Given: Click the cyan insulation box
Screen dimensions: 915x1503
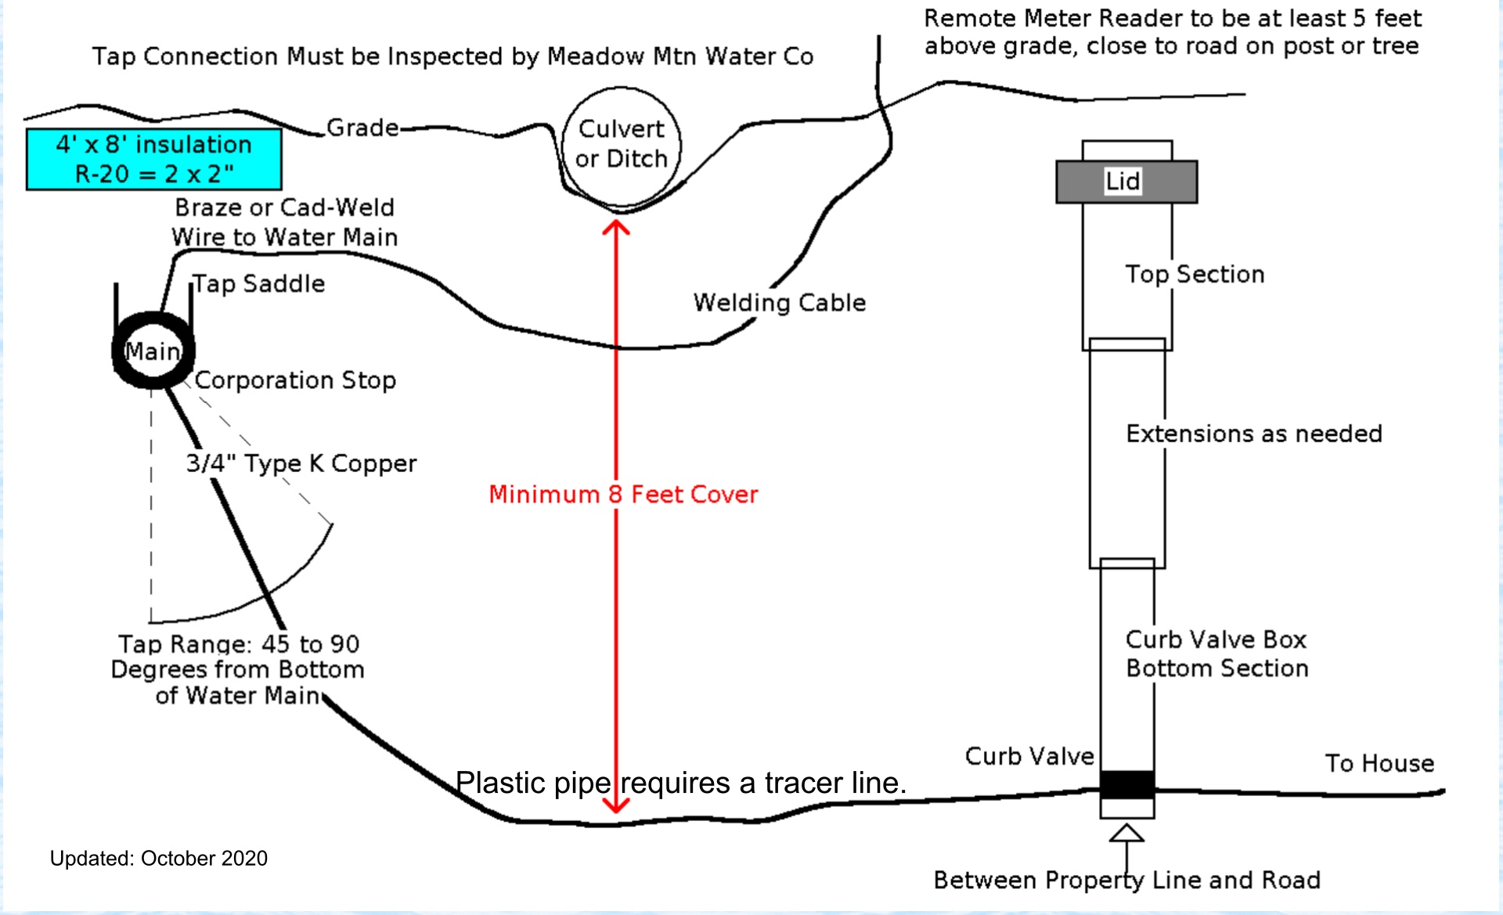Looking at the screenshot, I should click(153, 159).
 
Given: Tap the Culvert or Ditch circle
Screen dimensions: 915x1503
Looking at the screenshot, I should click(622, 145).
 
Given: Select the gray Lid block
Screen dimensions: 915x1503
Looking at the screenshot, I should click(1126, 182).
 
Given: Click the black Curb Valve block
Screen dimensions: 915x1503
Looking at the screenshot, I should click(1126, 784).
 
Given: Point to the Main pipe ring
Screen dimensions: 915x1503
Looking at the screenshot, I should click(153, 351).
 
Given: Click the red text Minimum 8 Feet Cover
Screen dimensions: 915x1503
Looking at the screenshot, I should click(623, 495).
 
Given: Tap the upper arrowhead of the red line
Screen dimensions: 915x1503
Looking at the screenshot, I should click(616, 228).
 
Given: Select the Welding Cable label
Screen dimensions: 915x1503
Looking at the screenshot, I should click(780, 303).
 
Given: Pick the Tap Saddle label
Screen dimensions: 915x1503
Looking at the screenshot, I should click(259, 283).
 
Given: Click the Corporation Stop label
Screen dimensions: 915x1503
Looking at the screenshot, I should click(295, 380).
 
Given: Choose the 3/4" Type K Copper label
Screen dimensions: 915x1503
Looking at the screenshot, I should click(301, 463).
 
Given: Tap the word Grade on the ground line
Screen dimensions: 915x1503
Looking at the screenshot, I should click(362, 128).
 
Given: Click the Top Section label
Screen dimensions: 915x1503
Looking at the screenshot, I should click(1195, 274).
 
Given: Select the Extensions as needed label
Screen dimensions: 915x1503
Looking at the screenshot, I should click(1253, 434).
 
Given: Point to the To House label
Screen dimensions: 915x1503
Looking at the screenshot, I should click(1379, 763).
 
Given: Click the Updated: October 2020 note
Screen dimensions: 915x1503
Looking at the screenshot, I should click(158, 859).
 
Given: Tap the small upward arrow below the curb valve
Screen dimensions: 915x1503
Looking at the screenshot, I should click(1126, 834).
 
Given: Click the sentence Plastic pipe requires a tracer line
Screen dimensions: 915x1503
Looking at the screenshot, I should click(681, 783).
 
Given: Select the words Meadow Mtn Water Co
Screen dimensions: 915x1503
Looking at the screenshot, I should click(679, 56).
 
